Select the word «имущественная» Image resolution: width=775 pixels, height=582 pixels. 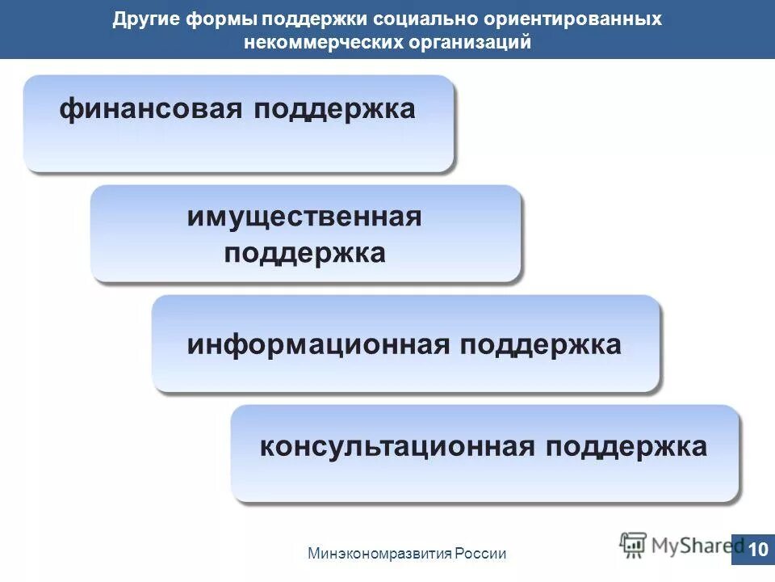tap(304, 217)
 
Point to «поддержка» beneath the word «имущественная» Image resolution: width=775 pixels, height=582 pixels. tap(304, 253)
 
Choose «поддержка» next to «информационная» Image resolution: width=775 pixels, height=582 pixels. tap(542, 345)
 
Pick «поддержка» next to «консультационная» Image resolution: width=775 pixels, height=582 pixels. tap(626, 446)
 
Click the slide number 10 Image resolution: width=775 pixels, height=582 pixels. tap(757, 550)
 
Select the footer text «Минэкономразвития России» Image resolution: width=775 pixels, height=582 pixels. tap(407, 554)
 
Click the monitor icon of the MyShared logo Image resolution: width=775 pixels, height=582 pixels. tap(633, 543)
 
